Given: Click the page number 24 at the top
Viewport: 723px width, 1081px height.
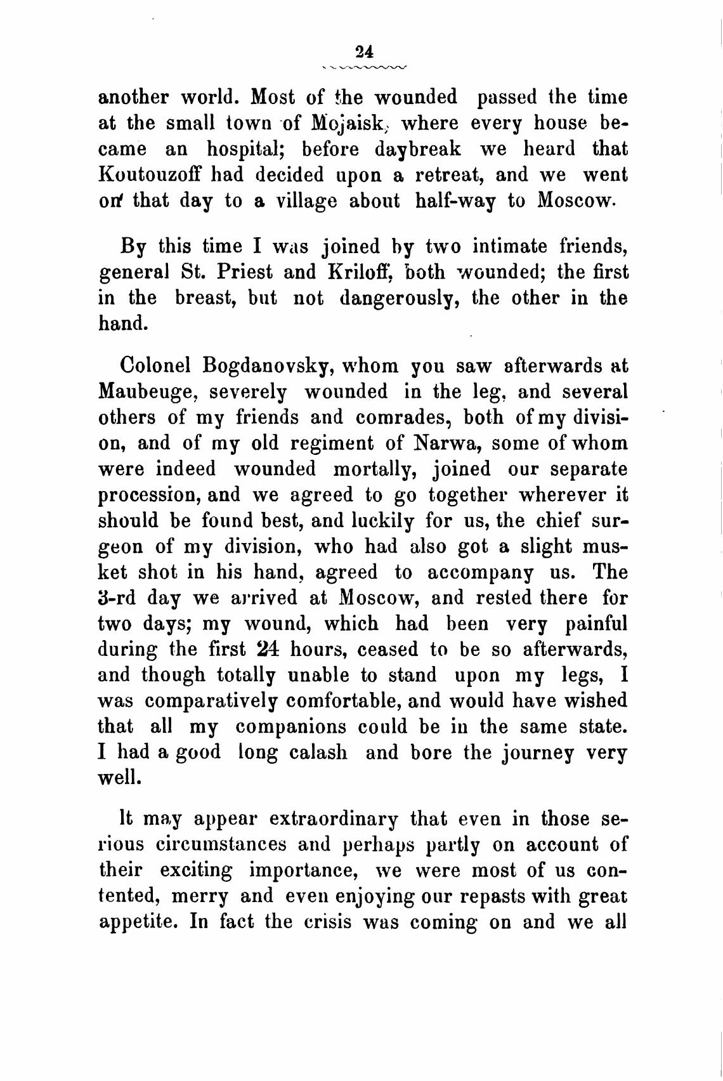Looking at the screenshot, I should [364, 51].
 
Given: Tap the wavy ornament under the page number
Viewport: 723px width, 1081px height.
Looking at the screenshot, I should [364, 66].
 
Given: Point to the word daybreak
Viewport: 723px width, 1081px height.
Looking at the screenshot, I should [417, 148].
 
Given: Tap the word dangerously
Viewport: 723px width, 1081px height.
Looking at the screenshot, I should [399, 299].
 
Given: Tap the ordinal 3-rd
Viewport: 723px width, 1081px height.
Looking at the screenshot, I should [118, 598].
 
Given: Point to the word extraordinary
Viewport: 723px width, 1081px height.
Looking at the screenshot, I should [334, 819].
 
